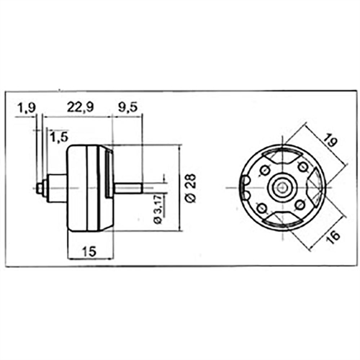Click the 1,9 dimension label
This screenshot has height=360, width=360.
27,107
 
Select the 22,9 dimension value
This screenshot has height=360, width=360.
80,107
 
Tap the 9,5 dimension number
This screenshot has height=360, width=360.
128,107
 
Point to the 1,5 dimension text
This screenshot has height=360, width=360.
59,138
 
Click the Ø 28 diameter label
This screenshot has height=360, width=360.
192,188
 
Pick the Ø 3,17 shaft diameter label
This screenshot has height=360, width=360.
158,209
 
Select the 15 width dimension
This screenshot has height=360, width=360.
89,251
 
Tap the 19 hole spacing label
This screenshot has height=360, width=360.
330,140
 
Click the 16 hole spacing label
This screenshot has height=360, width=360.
333,237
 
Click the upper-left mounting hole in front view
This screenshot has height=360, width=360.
265,171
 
